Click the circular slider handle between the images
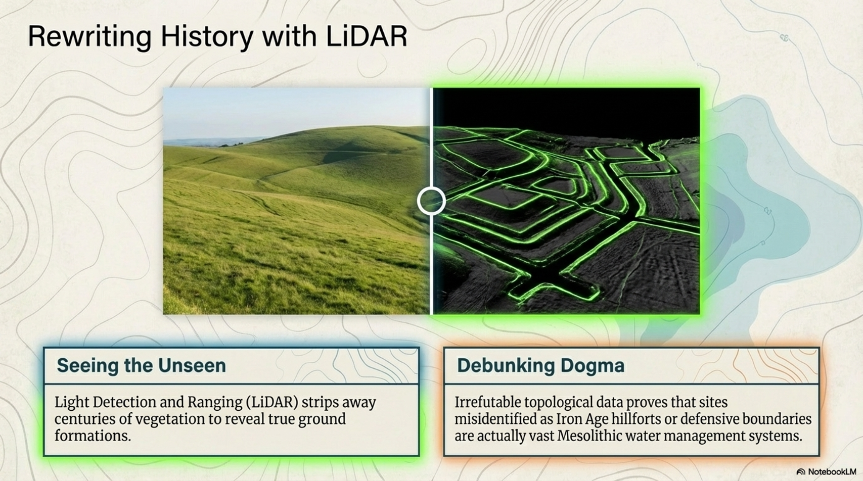(431, 201)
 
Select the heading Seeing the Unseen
(141, 365)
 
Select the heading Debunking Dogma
(540, 365)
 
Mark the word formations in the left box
(93, 436)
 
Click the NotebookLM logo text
(832, 472)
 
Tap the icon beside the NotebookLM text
(801, 472)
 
